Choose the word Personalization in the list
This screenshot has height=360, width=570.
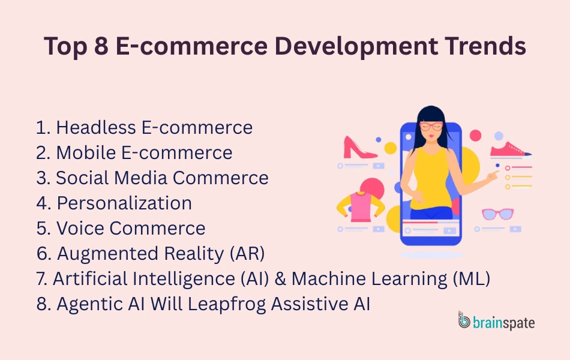click(x=124, y=203)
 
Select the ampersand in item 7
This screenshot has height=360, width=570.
click(x=281, y=279)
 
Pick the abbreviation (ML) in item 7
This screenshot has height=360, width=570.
click(x=471, y=279)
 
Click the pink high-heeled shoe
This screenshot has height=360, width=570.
click(x=359, y=147)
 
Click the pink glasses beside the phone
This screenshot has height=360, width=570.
click(x=497, y=214)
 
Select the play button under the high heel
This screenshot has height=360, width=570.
click(x=379, y=166)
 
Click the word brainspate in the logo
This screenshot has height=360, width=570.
click(x=503, y=323)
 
